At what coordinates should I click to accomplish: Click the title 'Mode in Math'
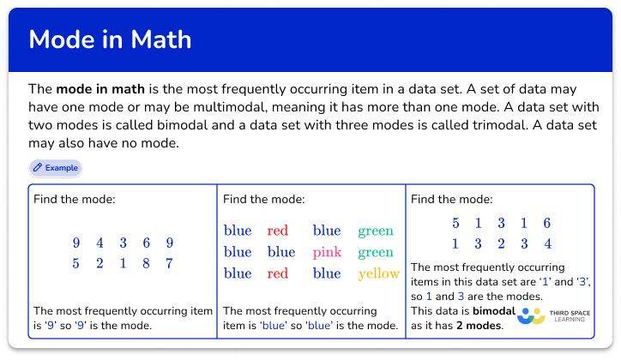(x=110, y=39)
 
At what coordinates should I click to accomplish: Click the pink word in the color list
(x=327, y=252)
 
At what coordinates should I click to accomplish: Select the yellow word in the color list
(x=379, y=273)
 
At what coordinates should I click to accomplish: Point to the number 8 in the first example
(x=146, y=263)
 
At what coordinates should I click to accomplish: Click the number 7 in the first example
(x=170, y=263)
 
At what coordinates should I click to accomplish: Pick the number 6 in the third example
(x=547, y=223)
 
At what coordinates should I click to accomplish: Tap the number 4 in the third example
(x=547, y=243)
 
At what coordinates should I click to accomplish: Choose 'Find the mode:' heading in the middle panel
(x=263, y=200)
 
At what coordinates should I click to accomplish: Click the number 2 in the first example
(x=99, y=263)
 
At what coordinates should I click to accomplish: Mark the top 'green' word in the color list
(x=376, y=231)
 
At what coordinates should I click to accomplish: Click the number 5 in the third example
(x=455, y=223)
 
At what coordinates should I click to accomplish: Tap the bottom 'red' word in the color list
(x=277, y=273)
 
